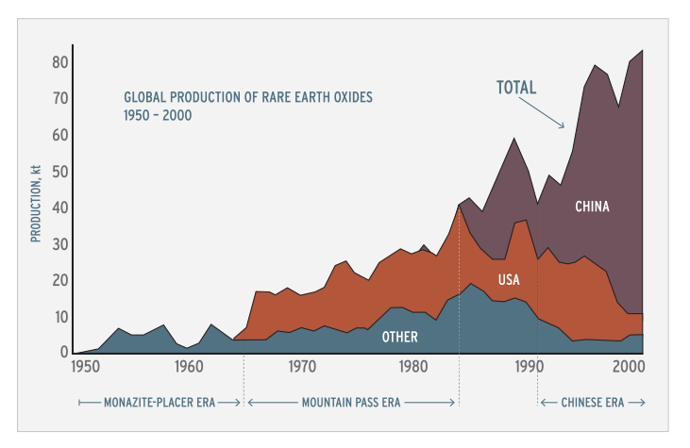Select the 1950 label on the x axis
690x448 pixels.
85,366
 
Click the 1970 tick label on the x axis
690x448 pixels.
302,366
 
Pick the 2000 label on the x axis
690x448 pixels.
628,366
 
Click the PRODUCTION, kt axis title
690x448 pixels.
36,202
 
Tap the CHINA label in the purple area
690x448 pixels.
592,206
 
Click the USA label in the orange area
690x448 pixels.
510,279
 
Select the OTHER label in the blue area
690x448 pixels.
399,337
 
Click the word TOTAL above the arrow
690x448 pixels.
516,88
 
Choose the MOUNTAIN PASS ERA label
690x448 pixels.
351,402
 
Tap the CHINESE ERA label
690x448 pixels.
593,402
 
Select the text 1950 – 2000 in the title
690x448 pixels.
158,115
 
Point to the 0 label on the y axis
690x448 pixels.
63,353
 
